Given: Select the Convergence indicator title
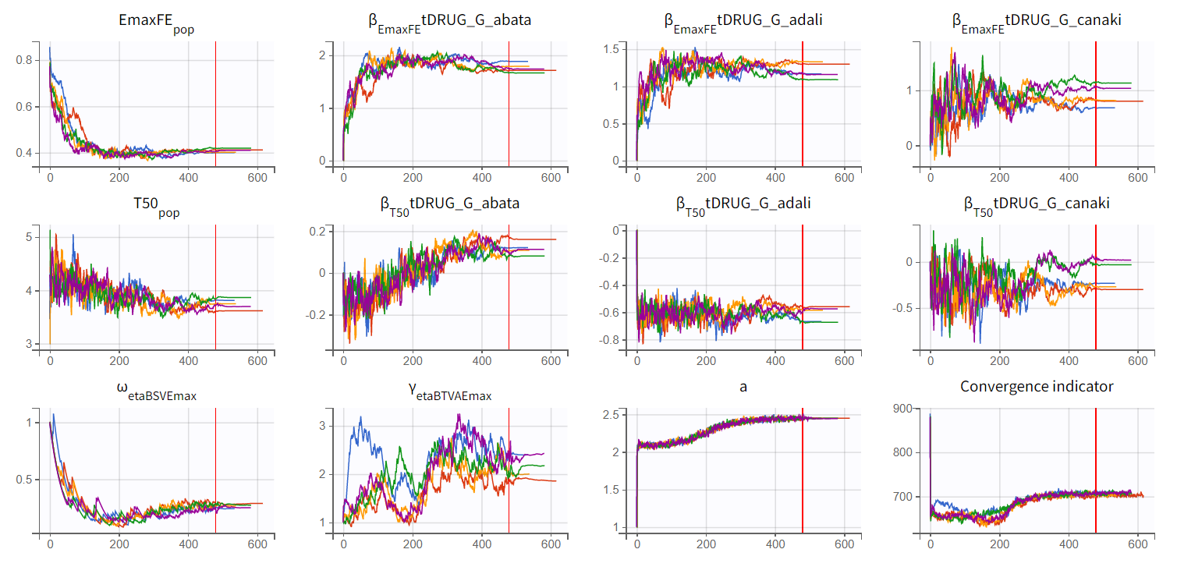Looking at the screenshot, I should pos(1036,386).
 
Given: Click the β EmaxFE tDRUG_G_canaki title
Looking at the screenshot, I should pos(1036,22).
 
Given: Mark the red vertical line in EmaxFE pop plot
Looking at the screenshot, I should pos(215,101).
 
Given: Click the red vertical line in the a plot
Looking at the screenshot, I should pos(802,468).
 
